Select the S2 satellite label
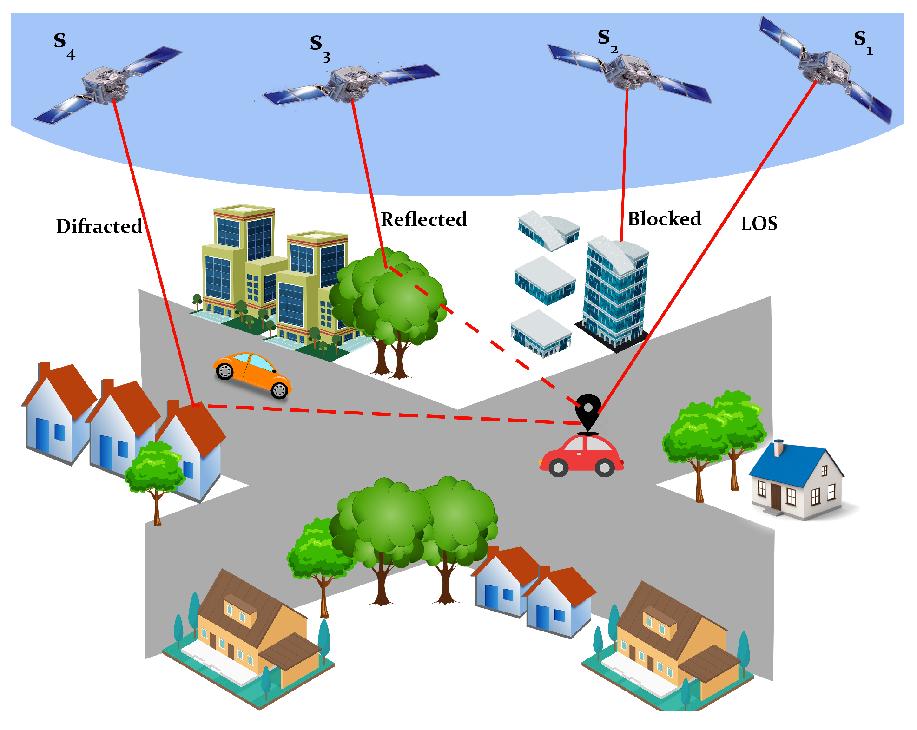(x=607, y=41)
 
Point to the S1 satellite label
(x=863, y=42)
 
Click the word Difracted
(x=99, y=226)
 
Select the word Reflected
(x=423, y=219)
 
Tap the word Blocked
(x=664, y=219)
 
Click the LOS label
(x=759, y=224)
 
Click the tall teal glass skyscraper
(x=615, y=293)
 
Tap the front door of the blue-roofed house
(x=776, y=497)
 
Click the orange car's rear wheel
(x=225, y=371)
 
